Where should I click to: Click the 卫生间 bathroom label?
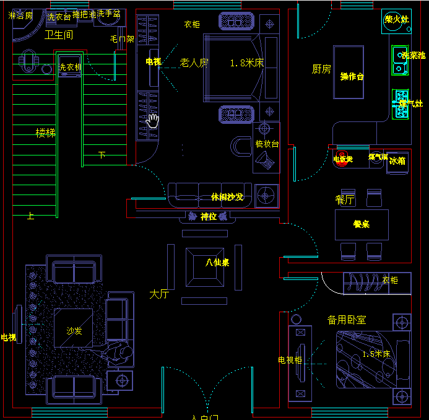59,35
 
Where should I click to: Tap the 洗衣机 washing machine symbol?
69,66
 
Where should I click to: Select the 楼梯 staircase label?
45,133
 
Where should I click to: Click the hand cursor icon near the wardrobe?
152,120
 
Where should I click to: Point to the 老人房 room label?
194,63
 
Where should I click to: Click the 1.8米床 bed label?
246,63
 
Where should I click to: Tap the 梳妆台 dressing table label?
267,144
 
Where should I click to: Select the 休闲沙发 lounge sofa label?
227,197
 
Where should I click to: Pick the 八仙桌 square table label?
217,262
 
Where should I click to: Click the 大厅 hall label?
159,294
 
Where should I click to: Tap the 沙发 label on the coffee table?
74,331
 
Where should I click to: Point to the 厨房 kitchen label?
321,69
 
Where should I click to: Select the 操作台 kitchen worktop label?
352,76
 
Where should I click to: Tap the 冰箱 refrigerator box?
397,160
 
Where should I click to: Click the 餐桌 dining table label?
362,224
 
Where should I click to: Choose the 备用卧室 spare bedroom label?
347,320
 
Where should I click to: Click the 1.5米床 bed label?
376,354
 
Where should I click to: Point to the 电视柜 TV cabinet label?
290,360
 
